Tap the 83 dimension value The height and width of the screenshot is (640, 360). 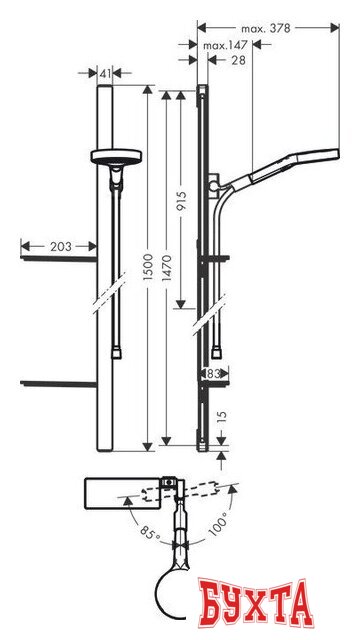pos(213,373)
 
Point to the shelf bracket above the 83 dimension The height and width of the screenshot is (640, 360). pos(217,352)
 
